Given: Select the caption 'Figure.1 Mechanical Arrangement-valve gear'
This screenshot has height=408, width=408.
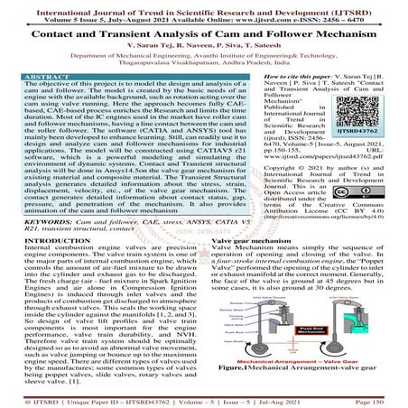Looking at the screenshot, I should pos(307,369).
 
